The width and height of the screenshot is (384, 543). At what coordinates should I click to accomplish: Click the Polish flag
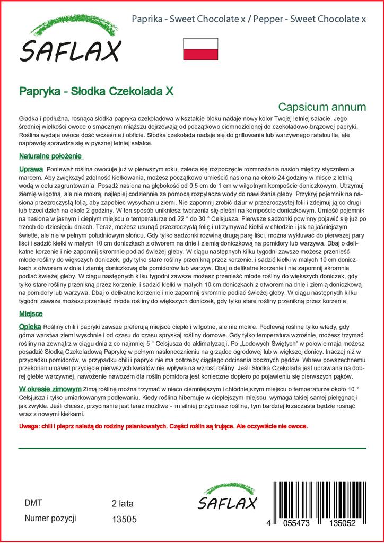[200, 49]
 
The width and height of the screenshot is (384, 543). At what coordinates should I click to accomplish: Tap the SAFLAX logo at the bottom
[226, 499]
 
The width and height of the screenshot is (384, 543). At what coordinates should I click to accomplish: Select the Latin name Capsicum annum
[322, 106]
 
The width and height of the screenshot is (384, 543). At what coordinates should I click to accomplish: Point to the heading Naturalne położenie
[51, 156]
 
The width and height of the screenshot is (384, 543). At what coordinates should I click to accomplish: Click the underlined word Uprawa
[31, 168]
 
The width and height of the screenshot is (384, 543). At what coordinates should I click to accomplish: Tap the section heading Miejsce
[31, 313]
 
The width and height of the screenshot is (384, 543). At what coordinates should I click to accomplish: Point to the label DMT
[33, 503]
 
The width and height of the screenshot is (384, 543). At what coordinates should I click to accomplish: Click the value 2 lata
[123, 503]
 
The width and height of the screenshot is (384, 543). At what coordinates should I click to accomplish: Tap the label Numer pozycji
[51, 519]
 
